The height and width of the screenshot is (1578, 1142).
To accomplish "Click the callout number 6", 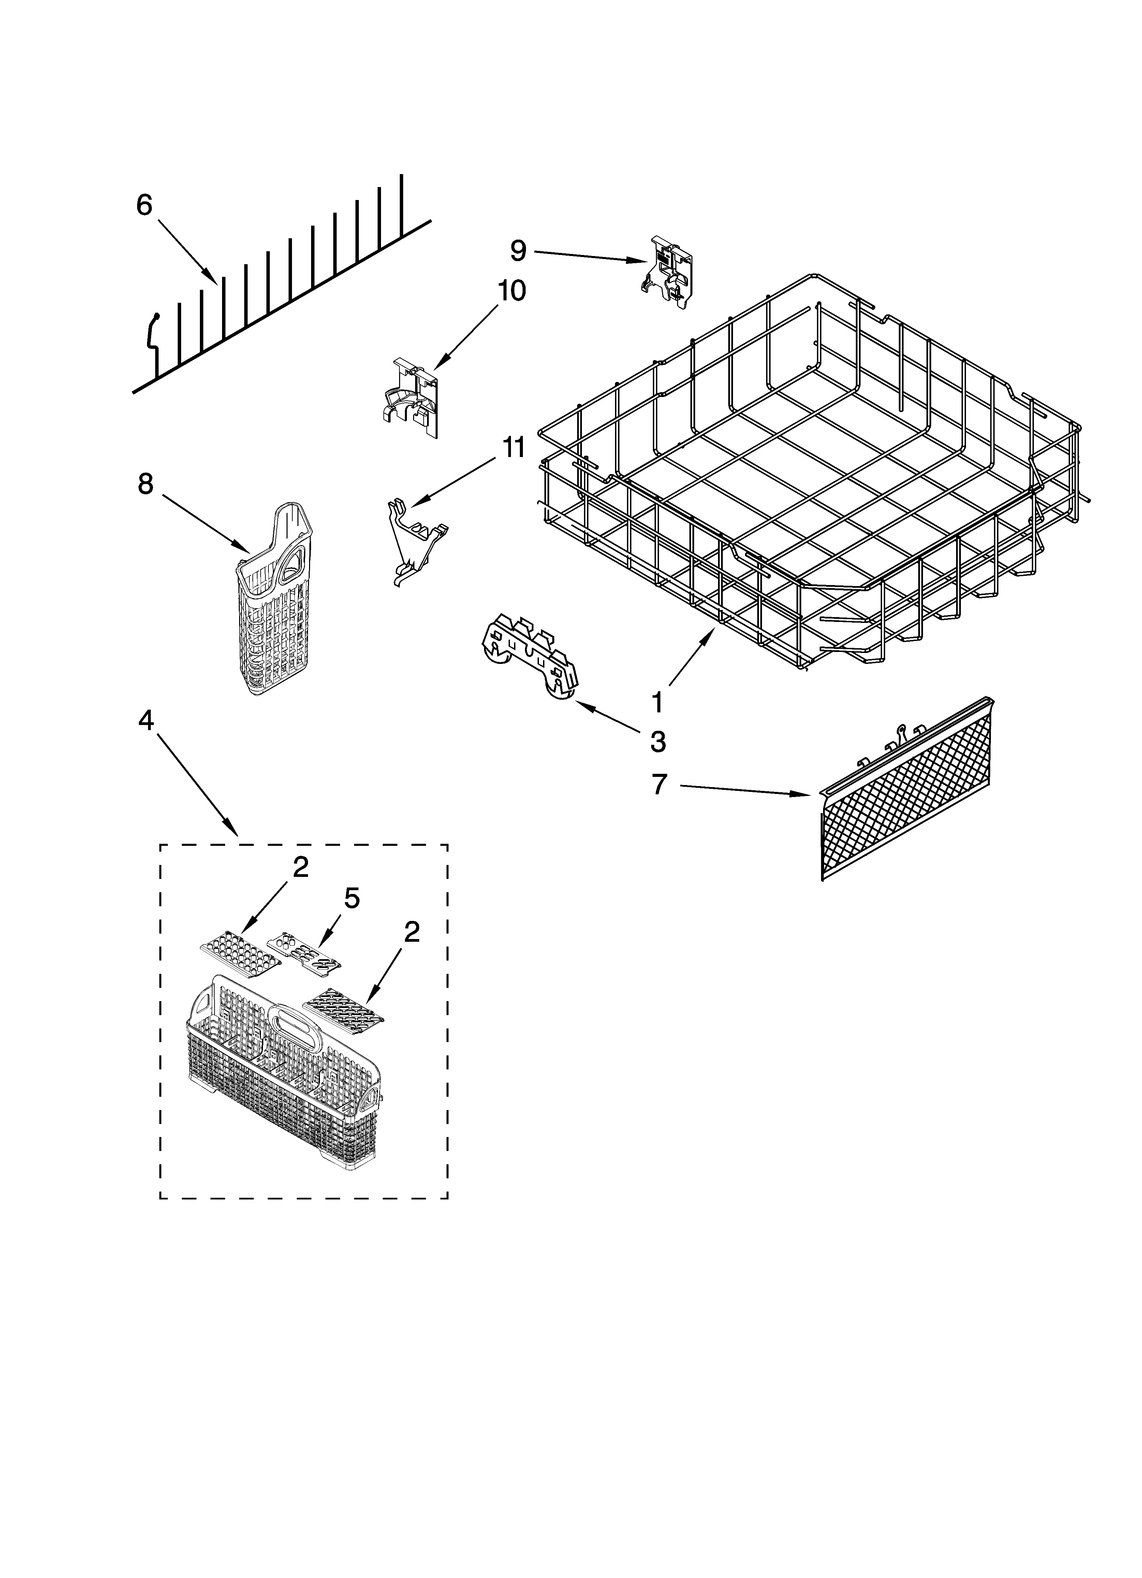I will pos(144,205).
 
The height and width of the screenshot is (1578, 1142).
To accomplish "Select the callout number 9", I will pos(518,251).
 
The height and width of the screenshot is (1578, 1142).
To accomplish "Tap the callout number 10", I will pos(511,291).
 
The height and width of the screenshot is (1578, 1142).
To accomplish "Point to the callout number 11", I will pos(514,448).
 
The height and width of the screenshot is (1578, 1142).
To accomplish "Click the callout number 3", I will pos(658,742).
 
